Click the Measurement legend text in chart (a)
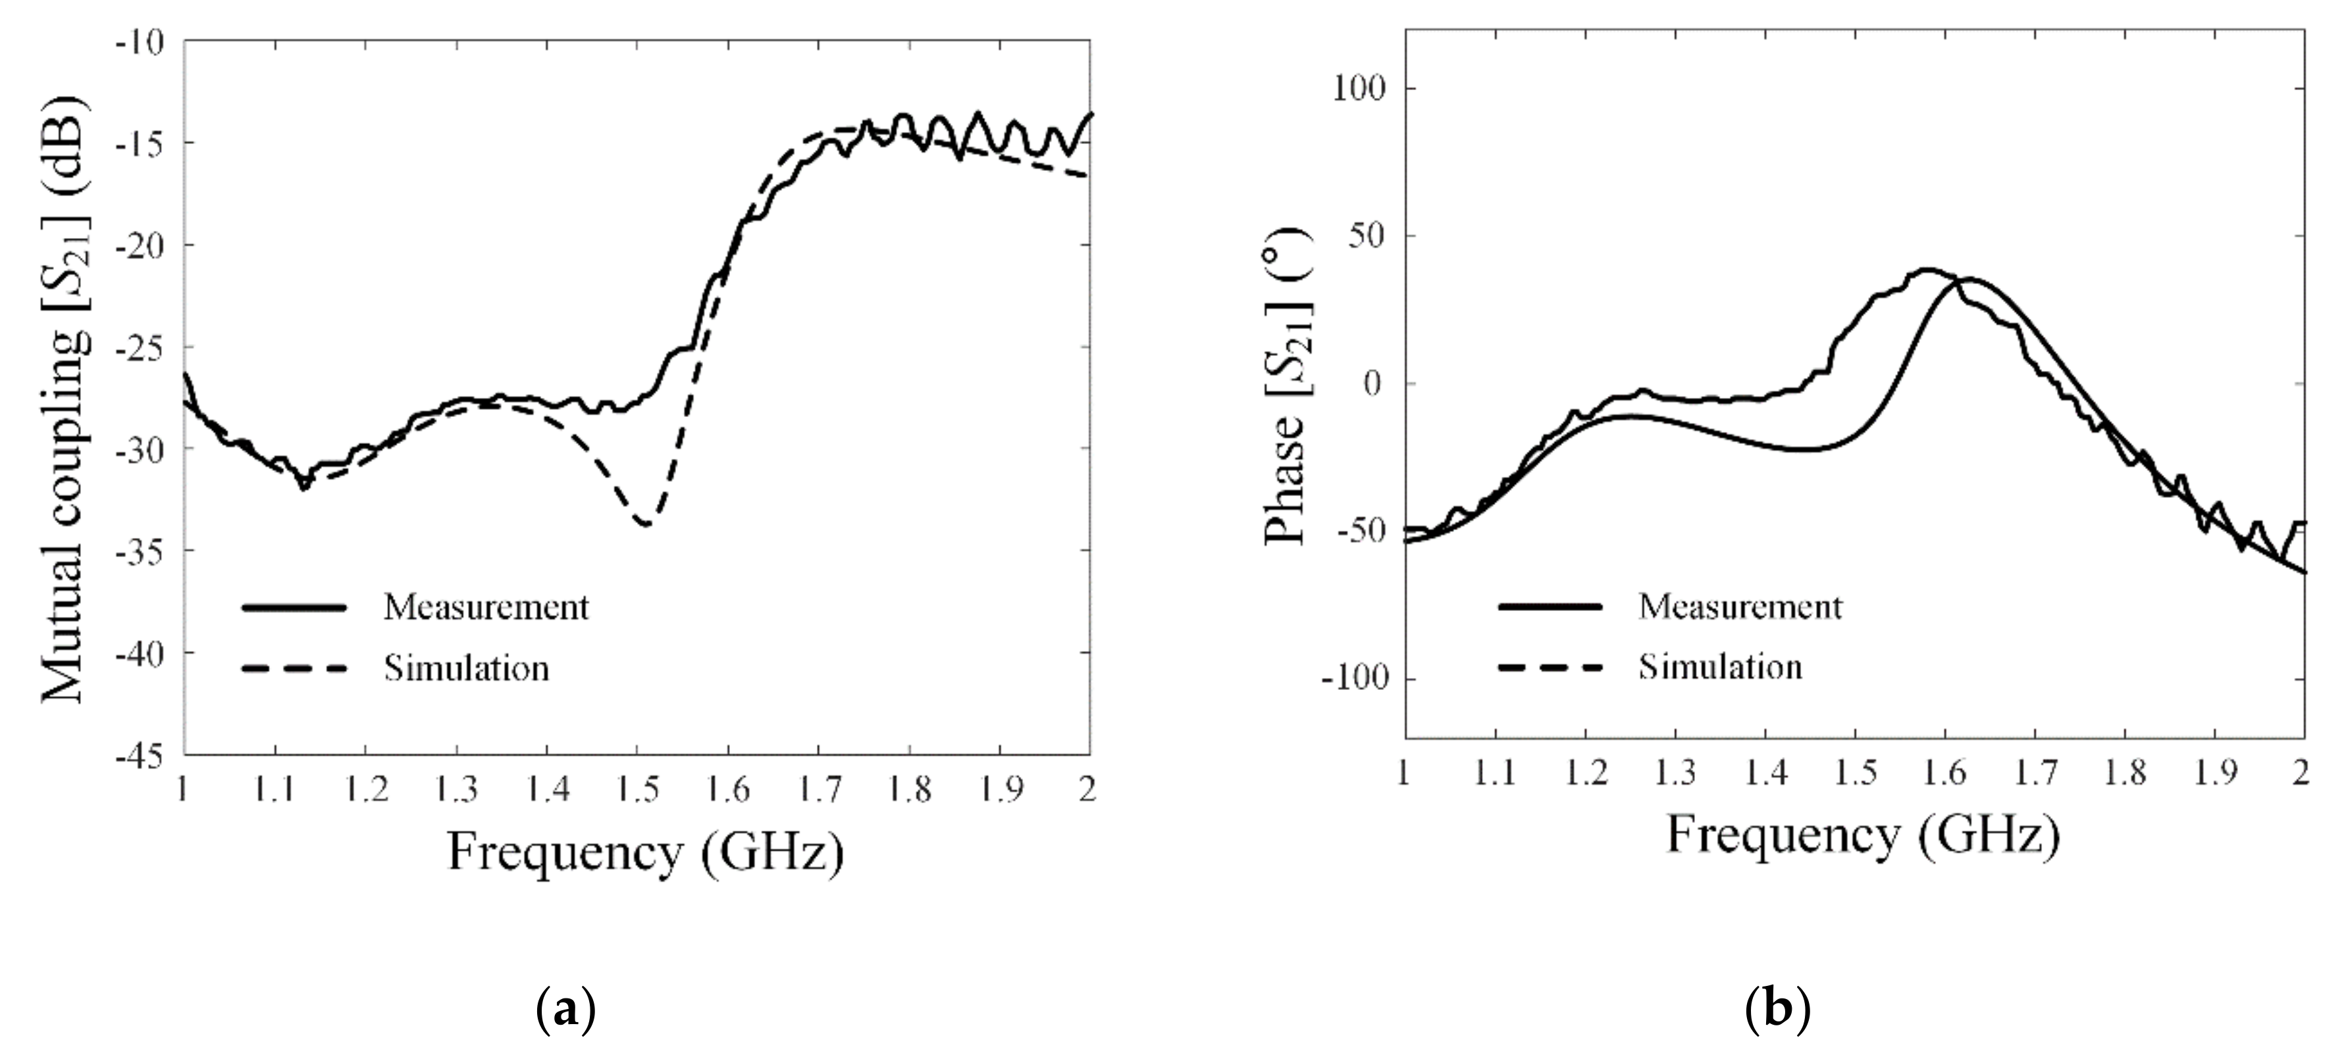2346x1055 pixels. pyautogui.click(x=485, y=607)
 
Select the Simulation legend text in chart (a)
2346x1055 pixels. pyautogui.click(x=466, y=669)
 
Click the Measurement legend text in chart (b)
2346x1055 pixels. pyautogui.click(x=1740, y=606)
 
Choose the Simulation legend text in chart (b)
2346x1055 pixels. pyautogui.click(x=1721, y=667)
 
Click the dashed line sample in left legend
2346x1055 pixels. pyautogui.click(x=294, y=669)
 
